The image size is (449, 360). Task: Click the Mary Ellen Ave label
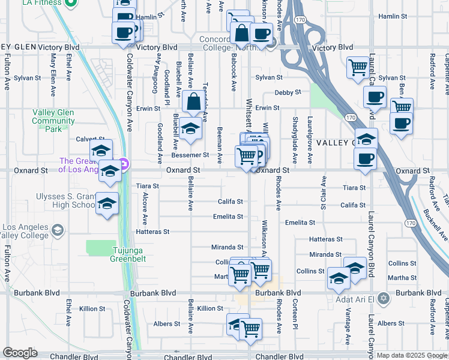53,68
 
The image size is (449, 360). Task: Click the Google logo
20,353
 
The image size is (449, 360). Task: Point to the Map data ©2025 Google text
412,355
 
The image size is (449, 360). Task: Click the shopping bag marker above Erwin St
195,103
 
